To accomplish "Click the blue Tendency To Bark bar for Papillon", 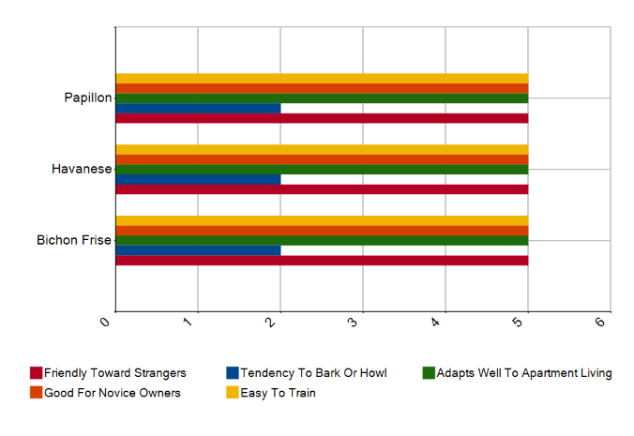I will tap(198, 108).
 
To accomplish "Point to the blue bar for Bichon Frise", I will tap(198, 250).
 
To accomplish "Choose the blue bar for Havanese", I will tap(198, 179).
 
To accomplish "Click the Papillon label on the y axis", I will tap(87, 98).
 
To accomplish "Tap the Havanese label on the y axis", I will tap(82, 169).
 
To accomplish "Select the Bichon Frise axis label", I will tap(74, 240).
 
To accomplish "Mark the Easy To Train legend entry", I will tap(278, 393).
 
